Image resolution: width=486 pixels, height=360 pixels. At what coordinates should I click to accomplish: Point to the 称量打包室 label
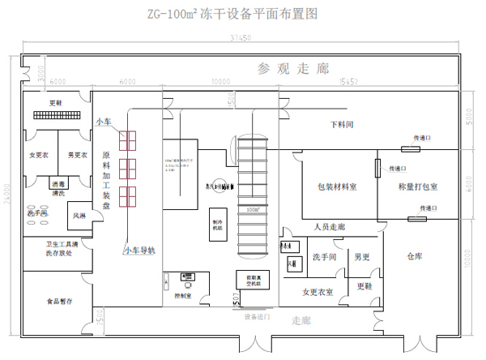419,186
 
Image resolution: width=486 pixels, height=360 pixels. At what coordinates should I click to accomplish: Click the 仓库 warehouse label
414,255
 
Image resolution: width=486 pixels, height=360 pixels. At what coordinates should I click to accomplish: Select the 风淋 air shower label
79,216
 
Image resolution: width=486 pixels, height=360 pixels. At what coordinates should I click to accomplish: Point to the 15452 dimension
347,82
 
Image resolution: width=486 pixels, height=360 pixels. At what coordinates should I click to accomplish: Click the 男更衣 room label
77,155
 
